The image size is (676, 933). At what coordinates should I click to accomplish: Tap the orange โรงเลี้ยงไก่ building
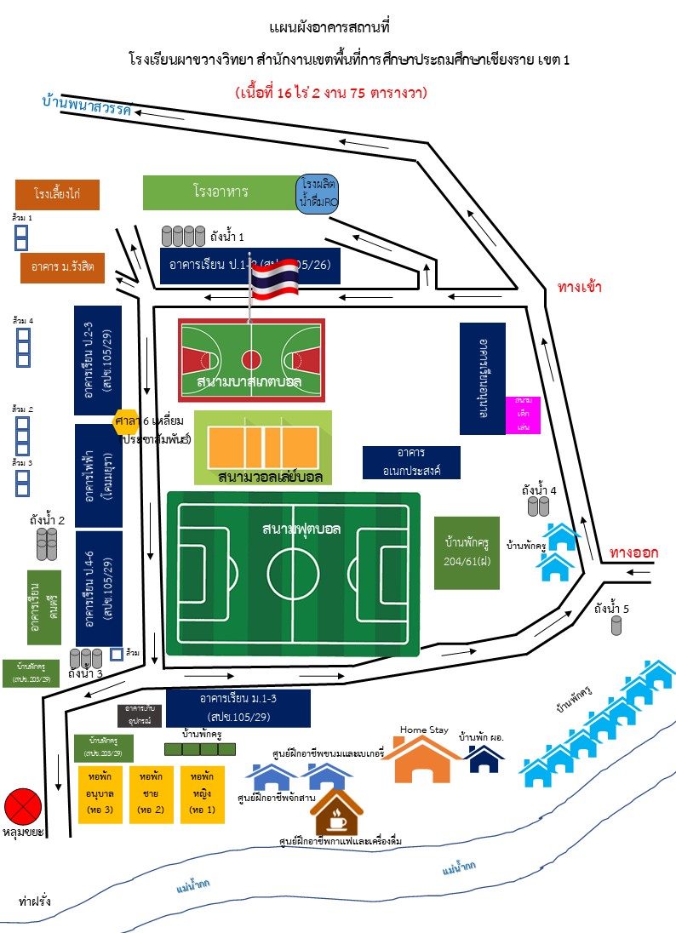click(x=58, y=194)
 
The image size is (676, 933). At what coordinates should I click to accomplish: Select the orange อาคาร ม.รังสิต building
click(x=62, y=267)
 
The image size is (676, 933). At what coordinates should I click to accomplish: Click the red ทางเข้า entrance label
click(x=581, y=287)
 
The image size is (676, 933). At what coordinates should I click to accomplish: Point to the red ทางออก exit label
click(x=633, y=552)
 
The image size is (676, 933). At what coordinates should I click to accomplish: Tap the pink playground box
click(x=523, y=414)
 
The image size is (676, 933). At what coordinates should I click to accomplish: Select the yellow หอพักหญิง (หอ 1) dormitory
click(x=202, y=794)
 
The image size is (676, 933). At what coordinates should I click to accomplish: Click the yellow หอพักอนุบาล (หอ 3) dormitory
click(x=100, y=794)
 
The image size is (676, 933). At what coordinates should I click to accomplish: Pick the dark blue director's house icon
click(x=484, y=759)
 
